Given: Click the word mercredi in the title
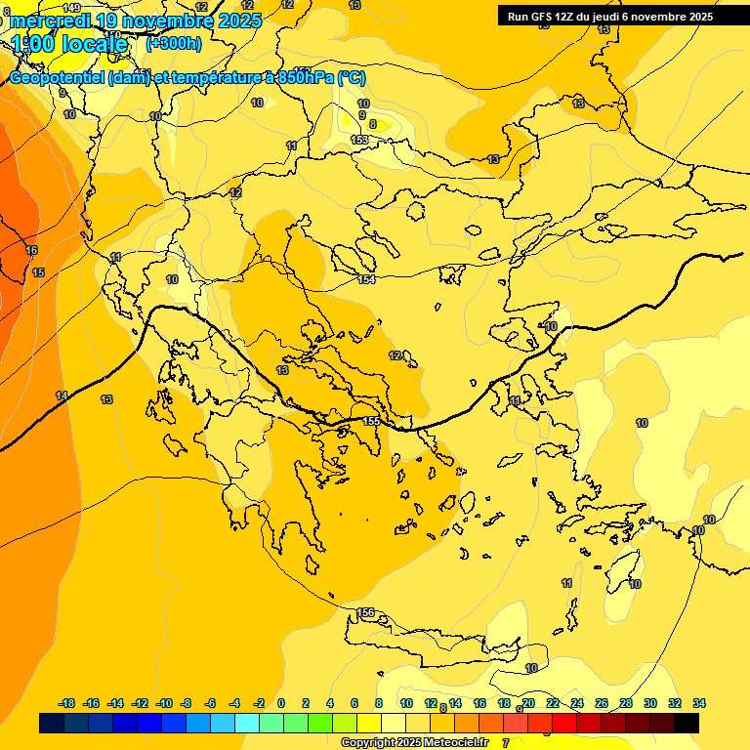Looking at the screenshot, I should pyautogui.click(x=51, y=21).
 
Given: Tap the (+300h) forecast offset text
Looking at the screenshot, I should pyautogui.click(x=174, y=44).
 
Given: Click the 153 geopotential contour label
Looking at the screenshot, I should pyautogui.click(x=359, y=141).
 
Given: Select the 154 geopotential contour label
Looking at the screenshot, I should pyautogui.click(x=366, y=280).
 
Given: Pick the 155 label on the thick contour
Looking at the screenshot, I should pyautogui.click(x=371, y=421).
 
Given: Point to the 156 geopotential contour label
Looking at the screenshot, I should pyautogui.click(x=365, y=612).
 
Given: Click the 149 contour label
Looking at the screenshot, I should pyautogui.click(x=71, y=9).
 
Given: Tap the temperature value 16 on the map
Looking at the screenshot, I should pyautogui.click(x=31, y=251).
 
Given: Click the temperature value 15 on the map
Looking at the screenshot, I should pyautogui.click(x=38, y=272).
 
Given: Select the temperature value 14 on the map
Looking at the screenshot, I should pyautogui.click(x=62, y=396).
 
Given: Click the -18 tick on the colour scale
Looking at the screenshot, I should pyautogui.click(x=66, y=703).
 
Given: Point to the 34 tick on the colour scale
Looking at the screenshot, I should pyautogui.click(x=699, y=703).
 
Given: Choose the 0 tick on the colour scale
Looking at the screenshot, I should pyautogui.click(x=281, y=703).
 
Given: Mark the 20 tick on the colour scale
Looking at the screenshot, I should pyautogui.click(x=528, y=703).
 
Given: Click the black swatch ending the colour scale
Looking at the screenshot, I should pyautogui.click(x=687, y=724).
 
